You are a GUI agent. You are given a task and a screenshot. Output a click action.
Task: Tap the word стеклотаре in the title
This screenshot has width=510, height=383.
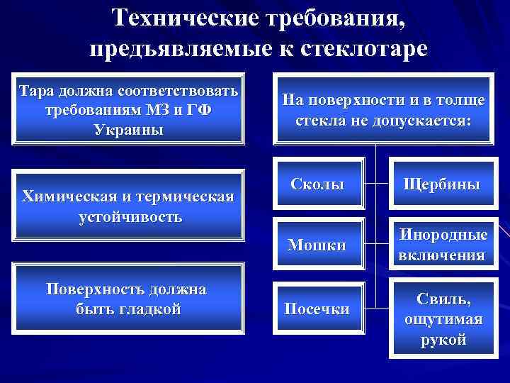click(365, 49)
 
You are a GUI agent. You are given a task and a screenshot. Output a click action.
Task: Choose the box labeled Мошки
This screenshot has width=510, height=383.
click(317, 245)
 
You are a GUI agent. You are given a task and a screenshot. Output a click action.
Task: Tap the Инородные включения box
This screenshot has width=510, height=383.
click(442, 245)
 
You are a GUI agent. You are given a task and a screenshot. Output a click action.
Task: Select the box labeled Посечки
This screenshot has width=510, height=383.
click(317, 309)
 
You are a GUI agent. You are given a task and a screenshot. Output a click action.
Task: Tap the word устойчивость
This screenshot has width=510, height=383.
click(130, 216)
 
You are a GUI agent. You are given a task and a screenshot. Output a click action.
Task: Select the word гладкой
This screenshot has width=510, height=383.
click(152, 309)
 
